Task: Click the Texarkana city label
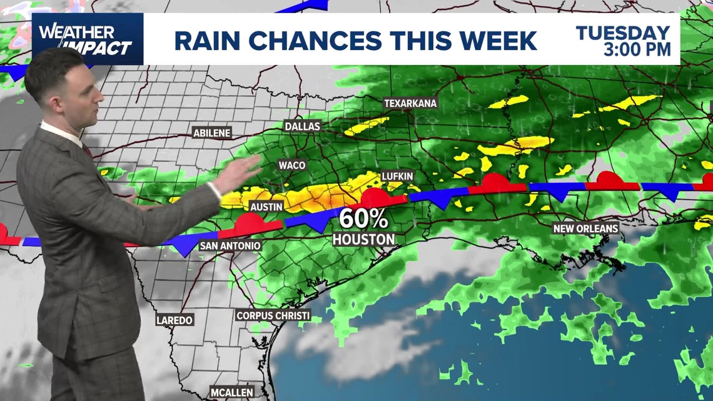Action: click(x=410, y=103)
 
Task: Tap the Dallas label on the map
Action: click(x=302, y=126)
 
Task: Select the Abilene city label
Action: click(x=212, y=133)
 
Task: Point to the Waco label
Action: click(x=292, y=165)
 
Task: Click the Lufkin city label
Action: click(x=398, y=176)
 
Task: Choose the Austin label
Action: click(x=266, y=206)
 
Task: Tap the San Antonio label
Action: click(x=230, y=246)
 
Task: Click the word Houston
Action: click(x=363, y=239)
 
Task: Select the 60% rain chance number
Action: click(x=363, y=218)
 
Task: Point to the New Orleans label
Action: click(x=585, y=229)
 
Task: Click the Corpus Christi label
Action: click(x=273, y=315)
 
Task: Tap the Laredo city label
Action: click(x=174, y=320)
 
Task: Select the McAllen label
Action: click(x=232, y=393)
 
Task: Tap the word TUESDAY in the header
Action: click(x=623, y=33)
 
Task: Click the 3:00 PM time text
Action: click(x=637, y=49)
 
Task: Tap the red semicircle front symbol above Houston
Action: click(x=375, y=198)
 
